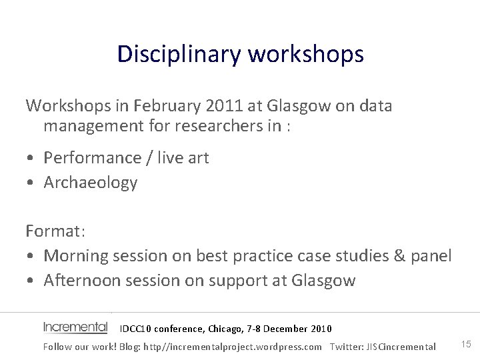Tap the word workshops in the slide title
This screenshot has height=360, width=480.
306,54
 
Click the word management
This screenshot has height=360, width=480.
90,127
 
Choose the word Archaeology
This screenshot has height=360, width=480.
90,183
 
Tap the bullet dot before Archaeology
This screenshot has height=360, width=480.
31,183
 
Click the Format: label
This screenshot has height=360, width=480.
55,231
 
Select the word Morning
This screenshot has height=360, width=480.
77,256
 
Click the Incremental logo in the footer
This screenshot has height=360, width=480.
75,327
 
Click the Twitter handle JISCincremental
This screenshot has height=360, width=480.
401,347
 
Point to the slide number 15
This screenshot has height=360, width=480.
466,344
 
